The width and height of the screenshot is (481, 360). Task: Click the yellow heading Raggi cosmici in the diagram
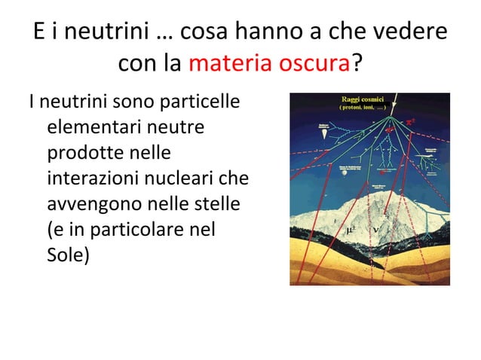point(364,99)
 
